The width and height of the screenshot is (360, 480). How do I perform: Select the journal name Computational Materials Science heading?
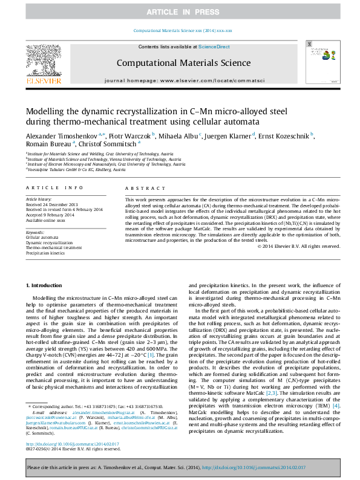click(x=183, y=63)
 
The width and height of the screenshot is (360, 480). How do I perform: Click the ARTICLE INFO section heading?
click(x=50, y=188)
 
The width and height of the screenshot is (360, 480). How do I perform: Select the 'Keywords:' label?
click(x=35, y=232)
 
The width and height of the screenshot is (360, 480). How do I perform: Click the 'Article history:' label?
click(x=39, y=198)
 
